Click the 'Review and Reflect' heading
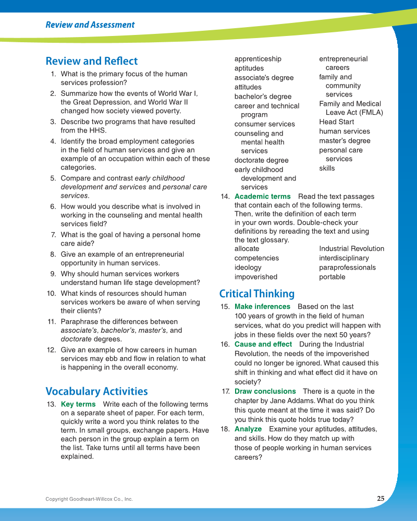(91, 61)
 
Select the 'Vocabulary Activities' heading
(96, 391)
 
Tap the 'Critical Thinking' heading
(256, 294)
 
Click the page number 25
(381, 499)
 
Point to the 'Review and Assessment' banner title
(90, 25)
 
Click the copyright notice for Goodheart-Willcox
(89, 499)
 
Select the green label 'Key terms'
(78, 404)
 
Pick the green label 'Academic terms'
(262, 197)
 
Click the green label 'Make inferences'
(262, 307)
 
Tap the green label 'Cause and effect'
(263, 344)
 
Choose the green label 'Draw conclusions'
(265, 391)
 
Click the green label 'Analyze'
(248, 429)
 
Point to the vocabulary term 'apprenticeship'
(257, 59)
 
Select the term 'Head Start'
(336, 122)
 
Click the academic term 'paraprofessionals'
(347, 268)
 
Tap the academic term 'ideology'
(248, 268)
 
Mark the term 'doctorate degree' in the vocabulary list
(261, 160)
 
